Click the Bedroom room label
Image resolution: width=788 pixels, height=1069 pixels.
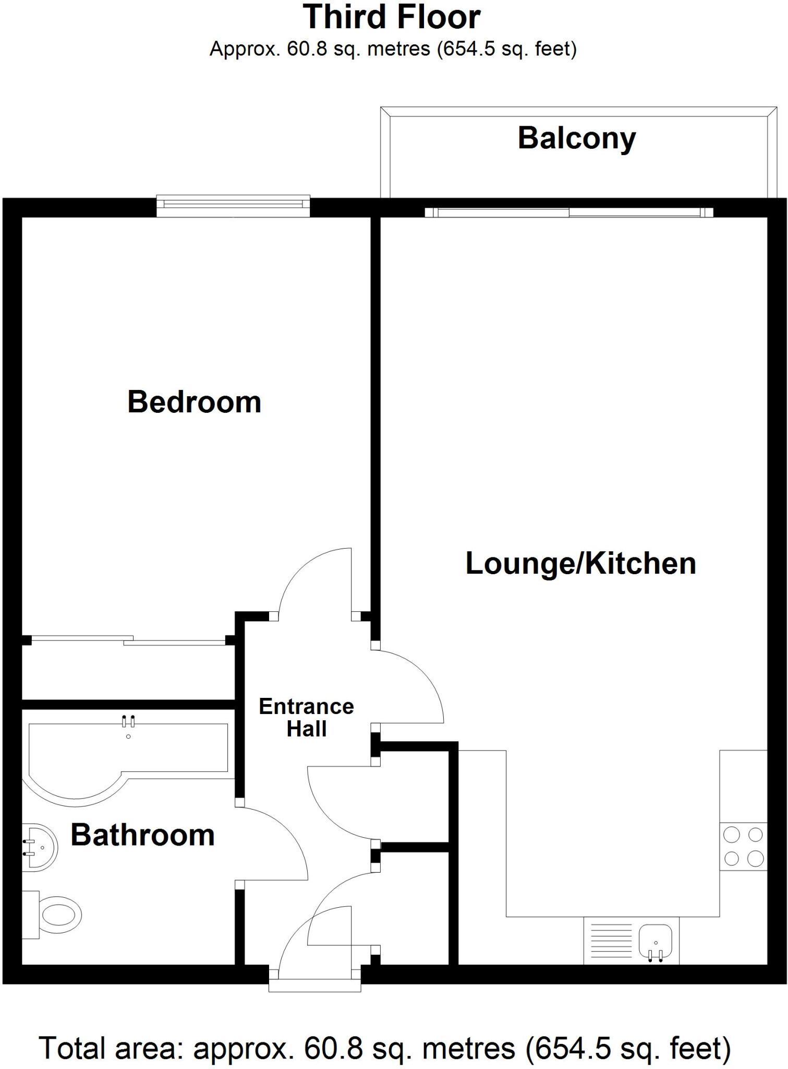[194, 402]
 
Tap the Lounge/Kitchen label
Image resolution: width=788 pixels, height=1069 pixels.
[580, 564]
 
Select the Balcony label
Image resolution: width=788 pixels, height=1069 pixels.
[577, 139]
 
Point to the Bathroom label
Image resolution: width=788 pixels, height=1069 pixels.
[142, 835]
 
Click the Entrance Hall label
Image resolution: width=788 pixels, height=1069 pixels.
[307, 718]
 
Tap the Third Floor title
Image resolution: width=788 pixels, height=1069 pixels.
[392, 17]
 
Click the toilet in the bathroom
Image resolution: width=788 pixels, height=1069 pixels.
[52, 915]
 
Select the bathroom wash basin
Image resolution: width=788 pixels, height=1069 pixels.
[40, 847]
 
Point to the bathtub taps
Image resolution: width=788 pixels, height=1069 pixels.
[128, 721]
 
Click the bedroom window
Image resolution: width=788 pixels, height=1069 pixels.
[233, 206]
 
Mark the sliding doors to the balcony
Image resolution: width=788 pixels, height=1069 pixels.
[569, 212]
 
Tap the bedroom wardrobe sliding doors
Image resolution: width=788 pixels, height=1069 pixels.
[129, 640]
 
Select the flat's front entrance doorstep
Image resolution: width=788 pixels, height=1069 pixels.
[315, 985]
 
